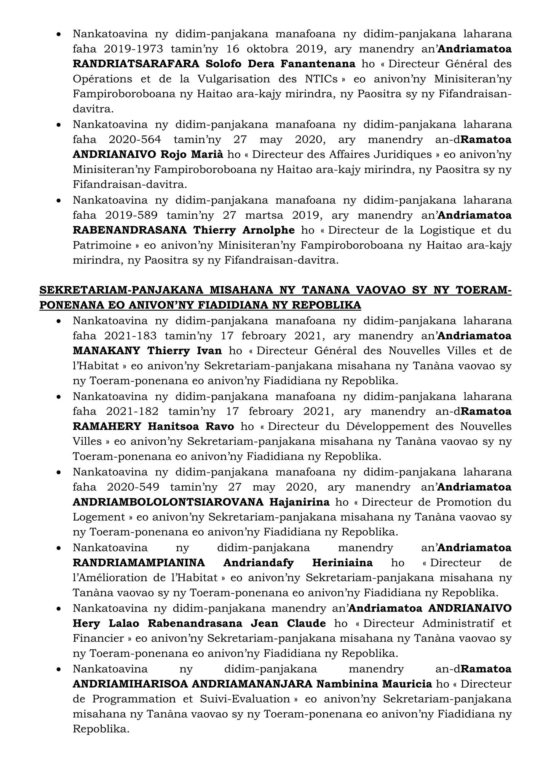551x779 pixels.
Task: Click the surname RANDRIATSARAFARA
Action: pos(136,64)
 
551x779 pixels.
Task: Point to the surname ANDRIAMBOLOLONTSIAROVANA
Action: pos(168,502)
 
